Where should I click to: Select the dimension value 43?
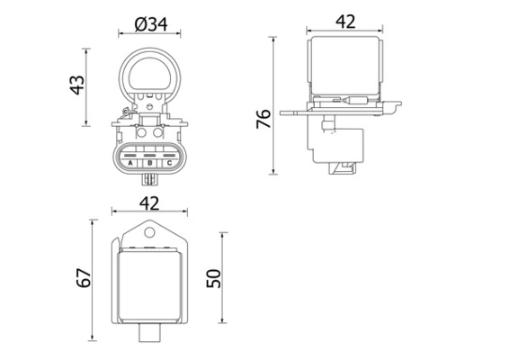click(x=78, y=84)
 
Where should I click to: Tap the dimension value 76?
click(x=264, y=120)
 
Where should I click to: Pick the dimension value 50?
click(x=213, y=278)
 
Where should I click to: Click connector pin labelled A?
click(x=131, y=163)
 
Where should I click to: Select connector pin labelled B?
click(x=149, y=163)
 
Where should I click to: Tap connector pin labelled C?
click(x=168, y=163)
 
